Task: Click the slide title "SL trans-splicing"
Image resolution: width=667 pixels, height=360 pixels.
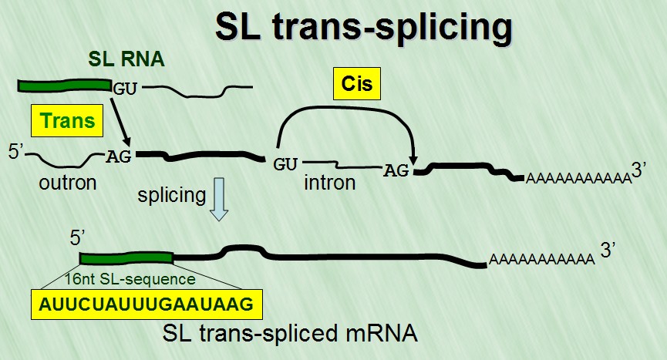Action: click(x=364, y=29)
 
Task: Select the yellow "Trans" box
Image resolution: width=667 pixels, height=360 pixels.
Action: click(x=67, y=121)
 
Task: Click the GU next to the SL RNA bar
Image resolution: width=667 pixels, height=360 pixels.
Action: click(x=125, y=87)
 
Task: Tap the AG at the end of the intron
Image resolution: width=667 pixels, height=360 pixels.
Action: click(x=396, y=171)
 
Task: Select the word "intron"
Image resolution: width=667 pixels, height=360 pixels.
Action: click(x=329, y=183)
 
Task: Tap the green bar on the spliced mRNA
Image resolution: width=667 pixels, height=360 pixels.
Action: click(x=126, y=259)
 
